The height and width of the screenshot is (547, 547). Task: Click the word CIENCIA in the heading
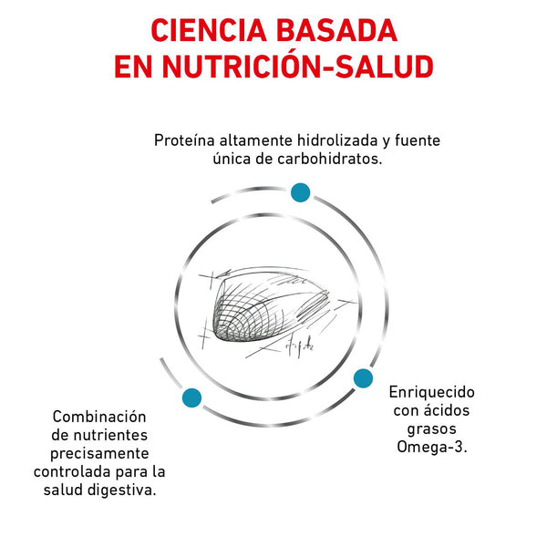tap(209, 31)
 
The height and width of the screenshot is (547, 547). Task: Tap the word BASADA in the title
tap(336, 31)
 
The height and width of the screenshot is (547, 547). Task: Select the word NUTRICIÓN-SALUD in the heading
tap(298, 66)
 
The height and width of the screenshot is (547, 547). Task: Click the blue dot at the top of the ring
tap(300, 192)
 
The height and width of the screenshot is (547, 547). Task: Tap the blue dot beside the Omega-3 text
tap(363, 378)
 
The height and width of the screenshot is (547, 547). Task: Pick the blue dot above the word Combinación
tap(191, 397)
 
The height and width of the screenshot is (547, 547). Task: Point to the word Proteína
tap(184, 140)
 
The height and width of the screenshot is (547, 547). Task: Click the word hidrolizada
tap(337, 140)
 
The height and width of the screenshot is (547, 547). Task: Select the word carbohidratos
tap(330, 159)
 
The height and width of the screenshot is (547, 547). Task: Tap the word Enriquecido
tap(432, 392)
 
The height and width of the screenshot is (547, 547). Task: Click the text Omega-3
tap(432, 447)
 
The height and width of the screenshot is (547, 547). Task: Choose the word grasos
tap(432, 428)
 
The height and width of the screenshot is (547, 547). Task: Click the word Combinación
tap(99, 417)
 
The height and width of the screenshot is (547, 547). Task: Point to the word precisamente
tap(99, 453)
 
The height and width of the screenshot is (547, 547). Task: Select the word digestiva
tap(121, 490)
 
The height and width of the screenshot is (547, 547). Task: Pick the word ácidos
tap(447, 410)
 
